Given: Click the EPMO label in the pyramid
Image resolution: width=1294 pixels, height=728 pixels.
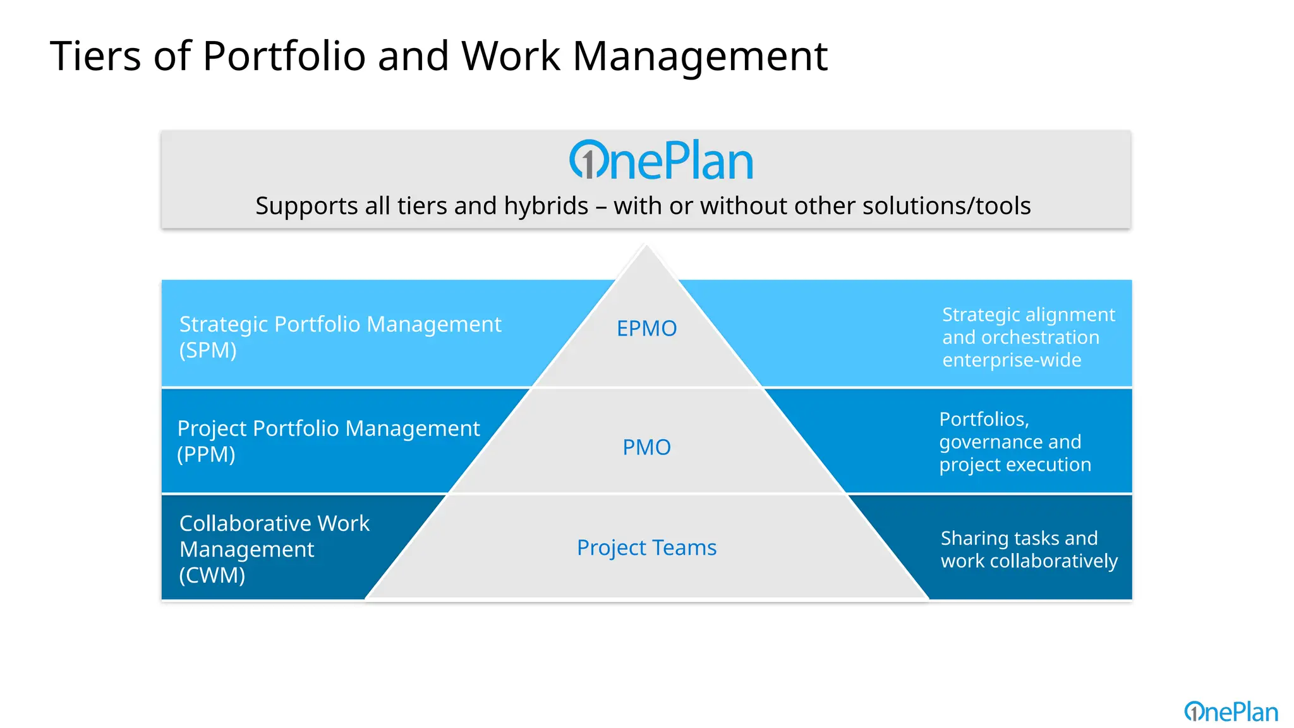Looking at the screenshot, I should point(646,329).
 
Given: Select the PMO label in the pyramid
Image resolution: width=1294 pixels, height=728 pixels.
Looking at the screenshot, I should point(646,447).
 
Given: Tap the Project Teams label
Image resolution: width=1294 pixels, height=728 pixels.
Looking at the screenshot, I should point(646,547).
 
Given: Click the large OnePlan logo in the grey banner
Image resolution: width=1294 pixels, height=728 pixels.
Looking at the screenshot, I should point(661,161).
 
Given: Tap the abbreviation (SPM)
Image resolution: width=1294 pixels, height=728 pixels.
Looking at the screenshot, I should point(208,350).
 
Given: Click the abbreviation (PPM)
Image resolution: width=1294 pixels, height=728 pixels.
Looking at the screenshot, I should point(206,454).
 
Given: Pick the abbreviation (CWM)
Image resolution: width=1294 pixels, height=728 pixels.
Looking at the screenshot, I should point(212,575).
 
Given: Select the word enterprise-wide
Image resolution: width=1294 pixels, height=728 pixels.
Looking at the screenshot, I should point(1012,360).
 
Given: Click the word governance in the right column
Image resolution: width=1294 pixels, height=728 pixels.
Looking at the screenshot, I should point(981,442).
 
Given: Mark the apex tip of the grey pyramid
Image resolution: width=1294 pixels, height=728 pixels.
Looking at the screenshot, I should point(646,246).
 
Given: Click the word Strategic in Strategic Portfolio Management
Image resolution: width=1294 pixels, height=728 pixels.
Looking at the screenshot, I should point(224,324).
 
